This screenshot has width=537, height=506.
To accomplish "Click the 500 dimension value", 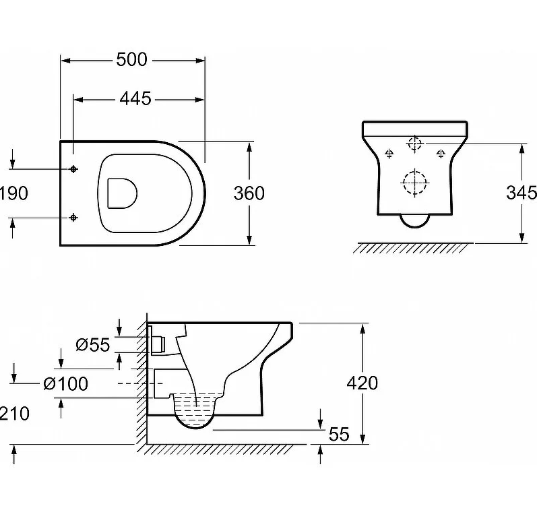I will click(131, 59).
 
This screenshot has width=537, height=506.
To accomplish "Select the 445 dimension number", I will click(135, 99).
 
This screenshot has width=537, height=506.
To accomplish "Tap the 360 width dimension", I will click(249, 193).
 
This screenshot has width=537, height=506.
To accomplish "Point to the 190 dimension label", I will click(14, 193).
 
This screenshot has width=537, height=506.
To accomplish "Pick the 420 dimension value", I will click(362, 383).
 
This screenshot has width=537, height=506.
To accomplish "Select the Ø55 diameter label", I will click(92, 345).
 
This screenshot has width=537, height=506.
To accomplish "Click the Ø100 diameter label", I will click(65, 384).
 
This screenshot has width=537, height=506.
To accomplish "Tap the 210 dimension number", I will click(15, 413).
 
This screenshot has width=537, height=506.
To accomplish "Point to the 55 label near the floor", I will click(339, 435).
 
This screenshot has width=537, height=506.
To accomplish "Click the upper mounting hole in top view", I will click(73, 168).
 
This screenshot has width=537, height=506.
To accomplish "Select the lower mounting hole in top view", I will click(73, 217).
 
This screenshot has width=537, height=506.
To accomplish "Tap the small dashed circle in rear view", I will click(414, 143).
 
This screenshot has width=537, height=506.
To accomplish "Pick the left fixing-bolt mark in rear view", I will click(388, 154).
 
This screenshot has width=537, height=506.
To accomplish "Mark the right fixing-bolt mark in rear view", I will click(441, 154).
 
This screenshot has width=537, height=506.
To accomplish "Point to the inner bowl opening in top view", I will click(122, 193).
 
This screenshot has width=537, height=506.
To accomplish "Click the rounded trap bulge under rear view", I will click(414, 220).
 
